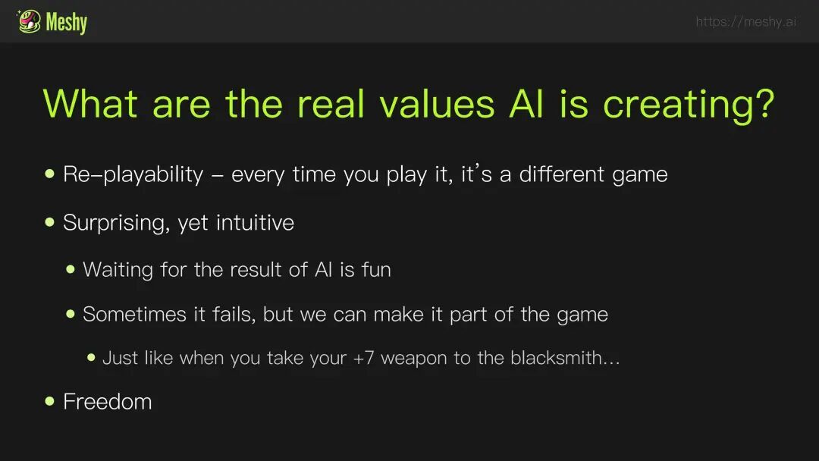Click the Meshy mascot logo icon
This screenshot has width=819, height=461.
tap(29, 21)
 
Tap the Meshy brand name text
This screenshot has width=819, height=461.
tap(66, 23)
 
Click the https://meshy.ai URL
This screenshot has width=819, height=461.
tap(746, 21)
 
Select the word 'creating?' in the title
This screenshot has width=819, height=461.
tap(689, 105)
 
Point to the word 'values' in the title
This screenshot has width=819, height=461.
tap(437, 104)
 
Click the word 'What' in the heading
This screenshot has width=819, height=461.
tap(90, 104)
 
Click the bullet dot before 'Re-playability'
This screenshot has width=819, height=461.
tap(49, 174)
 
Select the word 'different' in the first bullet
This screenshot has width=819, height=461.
tap(561, 174)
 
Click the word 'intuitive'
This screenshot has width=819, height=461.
tap(255, 223)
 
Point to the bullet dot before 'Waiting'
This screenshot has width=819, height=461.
tap(71, 269)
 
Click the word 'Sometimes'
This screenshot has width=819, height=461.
tap(134, 315)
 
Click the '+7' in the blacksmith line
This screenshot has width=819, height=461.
tap(363, 358)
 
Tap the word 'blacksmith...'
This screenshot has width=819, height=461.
tap(565, 358)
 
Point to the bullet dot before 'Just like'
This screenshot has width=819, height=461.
tap(92, 358)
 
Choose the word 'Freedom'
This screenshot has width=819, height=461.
tap(108, 402)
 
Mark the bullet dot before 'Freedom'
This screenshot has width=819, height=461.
tap(49, 401)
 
